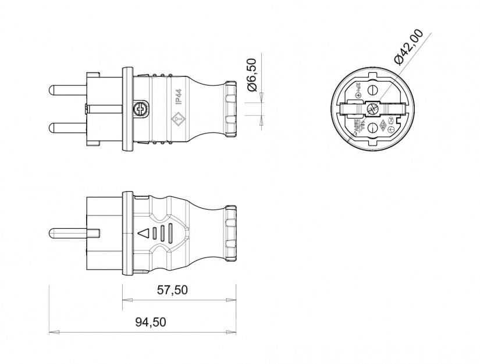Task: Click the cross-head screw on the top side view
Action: pyautogui.click(x=140, y=108)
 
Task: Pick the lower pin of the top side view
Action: pyautogui.click(x=66, y=127)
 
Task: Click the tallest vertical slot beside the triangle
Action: pyautogui.click(x=170, y=234)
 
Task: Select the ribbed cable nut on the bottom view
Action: pyautogui.click(x=230, y=234)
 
